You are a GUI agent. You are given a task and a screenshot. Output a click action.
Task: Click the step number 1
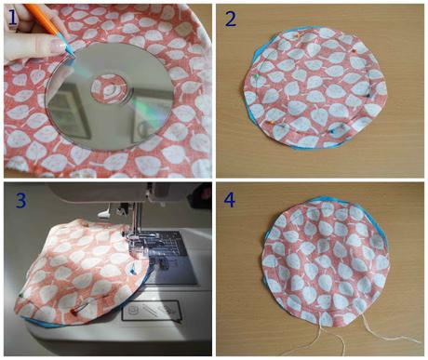point(12,18)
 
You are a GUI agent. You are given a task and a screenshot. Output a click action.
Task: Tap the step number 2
point(231,20)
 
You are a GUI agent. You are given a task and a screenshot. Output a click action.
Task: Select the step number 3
point(20,201)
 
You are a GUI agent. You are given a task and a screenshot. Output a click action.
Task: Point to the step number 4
point(230,200)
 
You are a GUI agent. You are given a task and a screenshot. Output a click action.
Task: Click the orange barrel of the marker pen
point(41,19)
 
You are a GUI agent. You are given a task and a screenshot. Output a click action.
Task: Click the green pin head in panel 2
point(256,76)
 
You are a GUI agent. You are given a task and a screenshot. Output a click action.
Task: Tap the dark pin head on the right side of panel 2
point(368,96)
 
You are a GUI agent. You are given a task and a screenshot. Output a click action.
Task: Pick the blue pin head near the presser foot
point(133,272)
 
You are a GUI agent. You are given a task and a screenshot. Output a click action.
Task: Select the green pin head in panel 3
point(20,295)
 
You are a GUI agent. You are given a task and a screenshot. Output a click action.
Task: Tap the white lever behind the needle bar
point(104,213)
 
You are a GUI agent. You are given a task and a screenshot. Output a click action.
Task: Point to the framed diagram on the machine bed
point(151,311)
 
